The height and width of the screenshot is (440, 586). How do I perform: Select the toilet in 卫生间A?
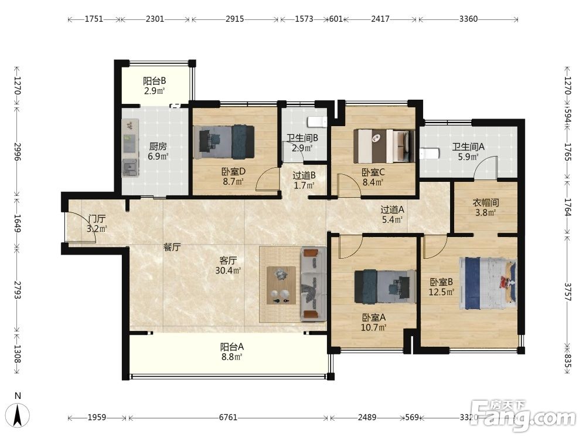[428, 153]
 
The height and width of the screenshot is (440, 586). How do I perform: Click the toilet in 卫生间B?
[317, 122]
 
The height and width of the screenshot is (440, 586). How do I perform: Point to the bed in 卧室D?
[224, 142]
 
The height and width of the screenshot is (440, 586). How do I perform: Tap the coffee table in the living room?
[281, 285]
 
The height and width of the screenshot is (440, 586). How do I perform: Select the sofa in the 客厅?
[313, 283]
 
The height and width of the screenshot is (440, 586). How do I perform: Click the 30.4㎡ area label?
[227, 270]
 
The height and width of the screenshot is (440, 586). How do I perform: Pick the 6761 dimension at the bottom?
[228, 417]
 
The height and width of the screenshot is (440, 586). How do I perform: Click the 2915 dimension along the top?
[235, 19]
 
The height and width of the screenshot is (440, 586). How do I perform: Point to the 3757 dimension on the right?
[567, 291]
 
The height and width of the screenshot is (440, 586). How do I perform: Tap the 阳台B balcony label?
[154, 80]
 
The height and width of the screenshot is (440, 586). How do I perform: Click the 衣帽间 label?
[485, 202]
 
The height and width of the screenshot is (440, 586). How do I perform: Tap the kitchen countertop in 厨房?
[130, 148]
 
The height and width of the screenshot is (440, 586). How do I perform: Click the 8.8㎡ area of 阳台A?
[231, 357]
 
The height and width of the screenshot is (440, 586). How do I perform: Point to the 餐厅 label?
[172, 247]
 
